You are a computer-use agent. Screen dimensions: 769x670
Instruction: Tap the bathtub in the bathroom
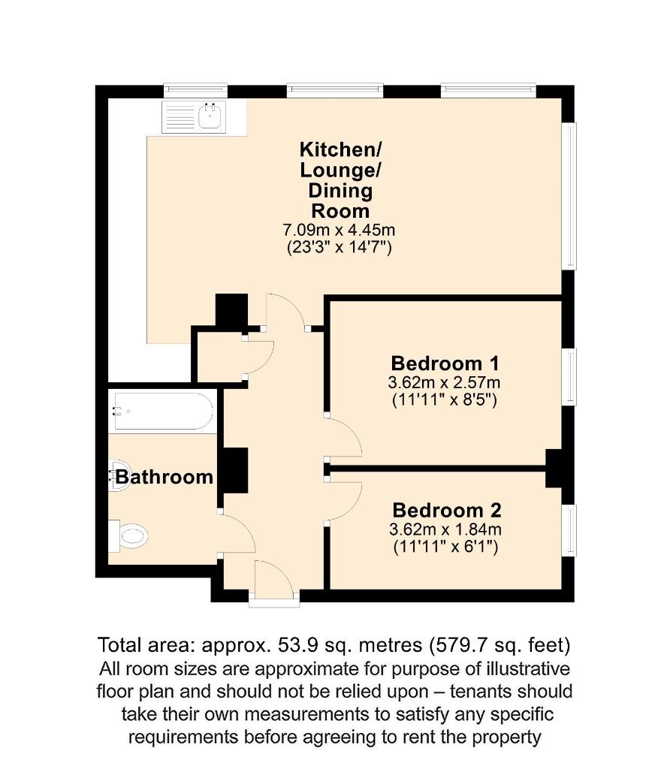pos(161,411)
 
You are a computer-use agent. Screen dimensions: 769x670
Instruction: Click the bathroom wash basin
pos(116,476)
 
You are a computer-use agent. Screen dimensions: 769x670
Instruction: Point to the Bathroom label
pos(163,477)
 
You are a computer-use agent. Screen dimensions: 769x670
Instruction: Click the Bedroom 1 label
pos(445,364)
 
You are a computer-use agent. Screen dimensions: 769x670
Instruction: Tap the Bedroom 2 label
pos(445,511)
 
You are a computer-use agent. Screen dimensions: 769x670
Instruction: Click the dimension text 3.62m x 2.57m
pos(445,383)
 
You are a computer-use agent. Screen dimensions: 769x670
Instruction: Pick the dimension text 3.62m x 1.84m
pos(445,530)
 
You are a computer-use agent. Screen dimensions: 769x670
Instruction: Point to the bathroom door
pos(238,535)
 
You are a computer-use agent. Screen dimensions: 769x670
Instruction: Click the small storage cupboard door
pos(259,356)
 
